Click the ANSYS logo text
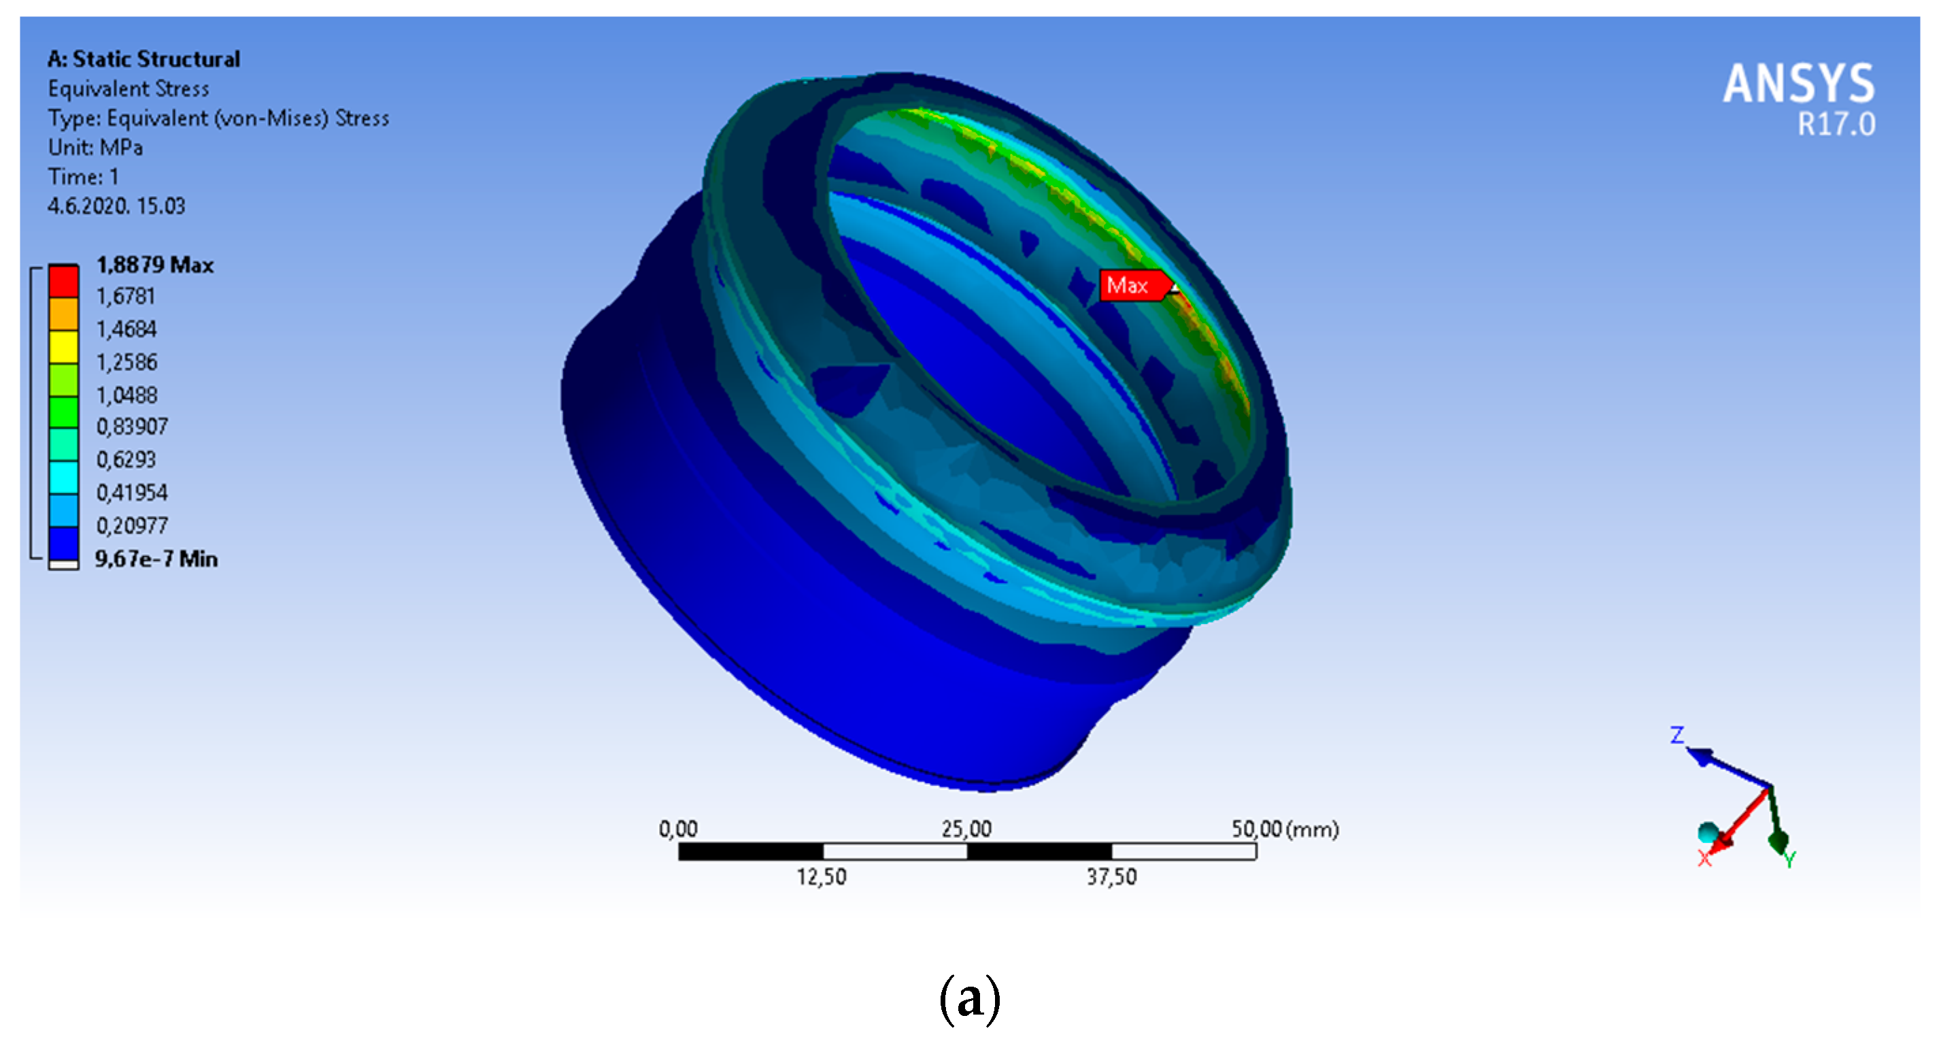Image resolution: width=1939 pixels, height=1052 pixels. tap(1798, 84)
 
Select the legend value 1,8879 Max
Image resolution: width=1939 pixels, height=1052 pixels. tap(155, 265)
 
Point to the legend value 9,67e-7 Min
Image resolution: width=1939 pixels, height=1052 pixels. tap(156, 559)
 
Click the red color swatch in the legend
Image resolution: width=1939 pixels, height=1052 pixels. tap(64, 281)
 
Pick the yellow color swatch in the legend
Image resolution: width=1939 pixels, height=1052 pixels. tap(64, 346)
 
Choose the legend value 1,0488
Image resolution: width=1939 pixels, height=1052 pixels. tap(127, 395)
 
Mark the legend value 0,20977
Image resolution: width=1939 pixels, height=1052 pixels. tap(132, 525)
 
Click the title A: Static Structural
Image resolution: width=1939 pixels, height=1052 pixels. tap(144, 59)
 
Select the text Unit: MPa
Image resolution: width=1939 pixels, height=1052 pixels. tap(96, 148)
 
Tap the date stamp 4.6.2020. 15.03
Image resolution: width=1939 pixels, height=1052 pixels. tap(117, 206)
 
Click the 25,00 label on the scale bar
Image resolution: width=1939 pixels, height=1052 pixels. tap(966, 829)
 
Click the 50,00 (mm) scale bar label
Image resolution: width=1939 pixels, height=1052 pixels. tap(1285, 829)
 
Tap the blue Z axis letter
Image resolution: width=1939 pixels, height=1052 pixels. tap(1677, 735)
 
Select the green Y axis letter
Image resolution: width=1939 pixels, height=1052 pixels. tap(1789, 859)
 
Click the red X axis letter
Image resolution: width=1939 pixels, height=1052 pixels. tap(1705, 859)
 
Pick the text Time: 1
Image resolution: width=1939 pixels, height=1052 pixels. tap(84, 177)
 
